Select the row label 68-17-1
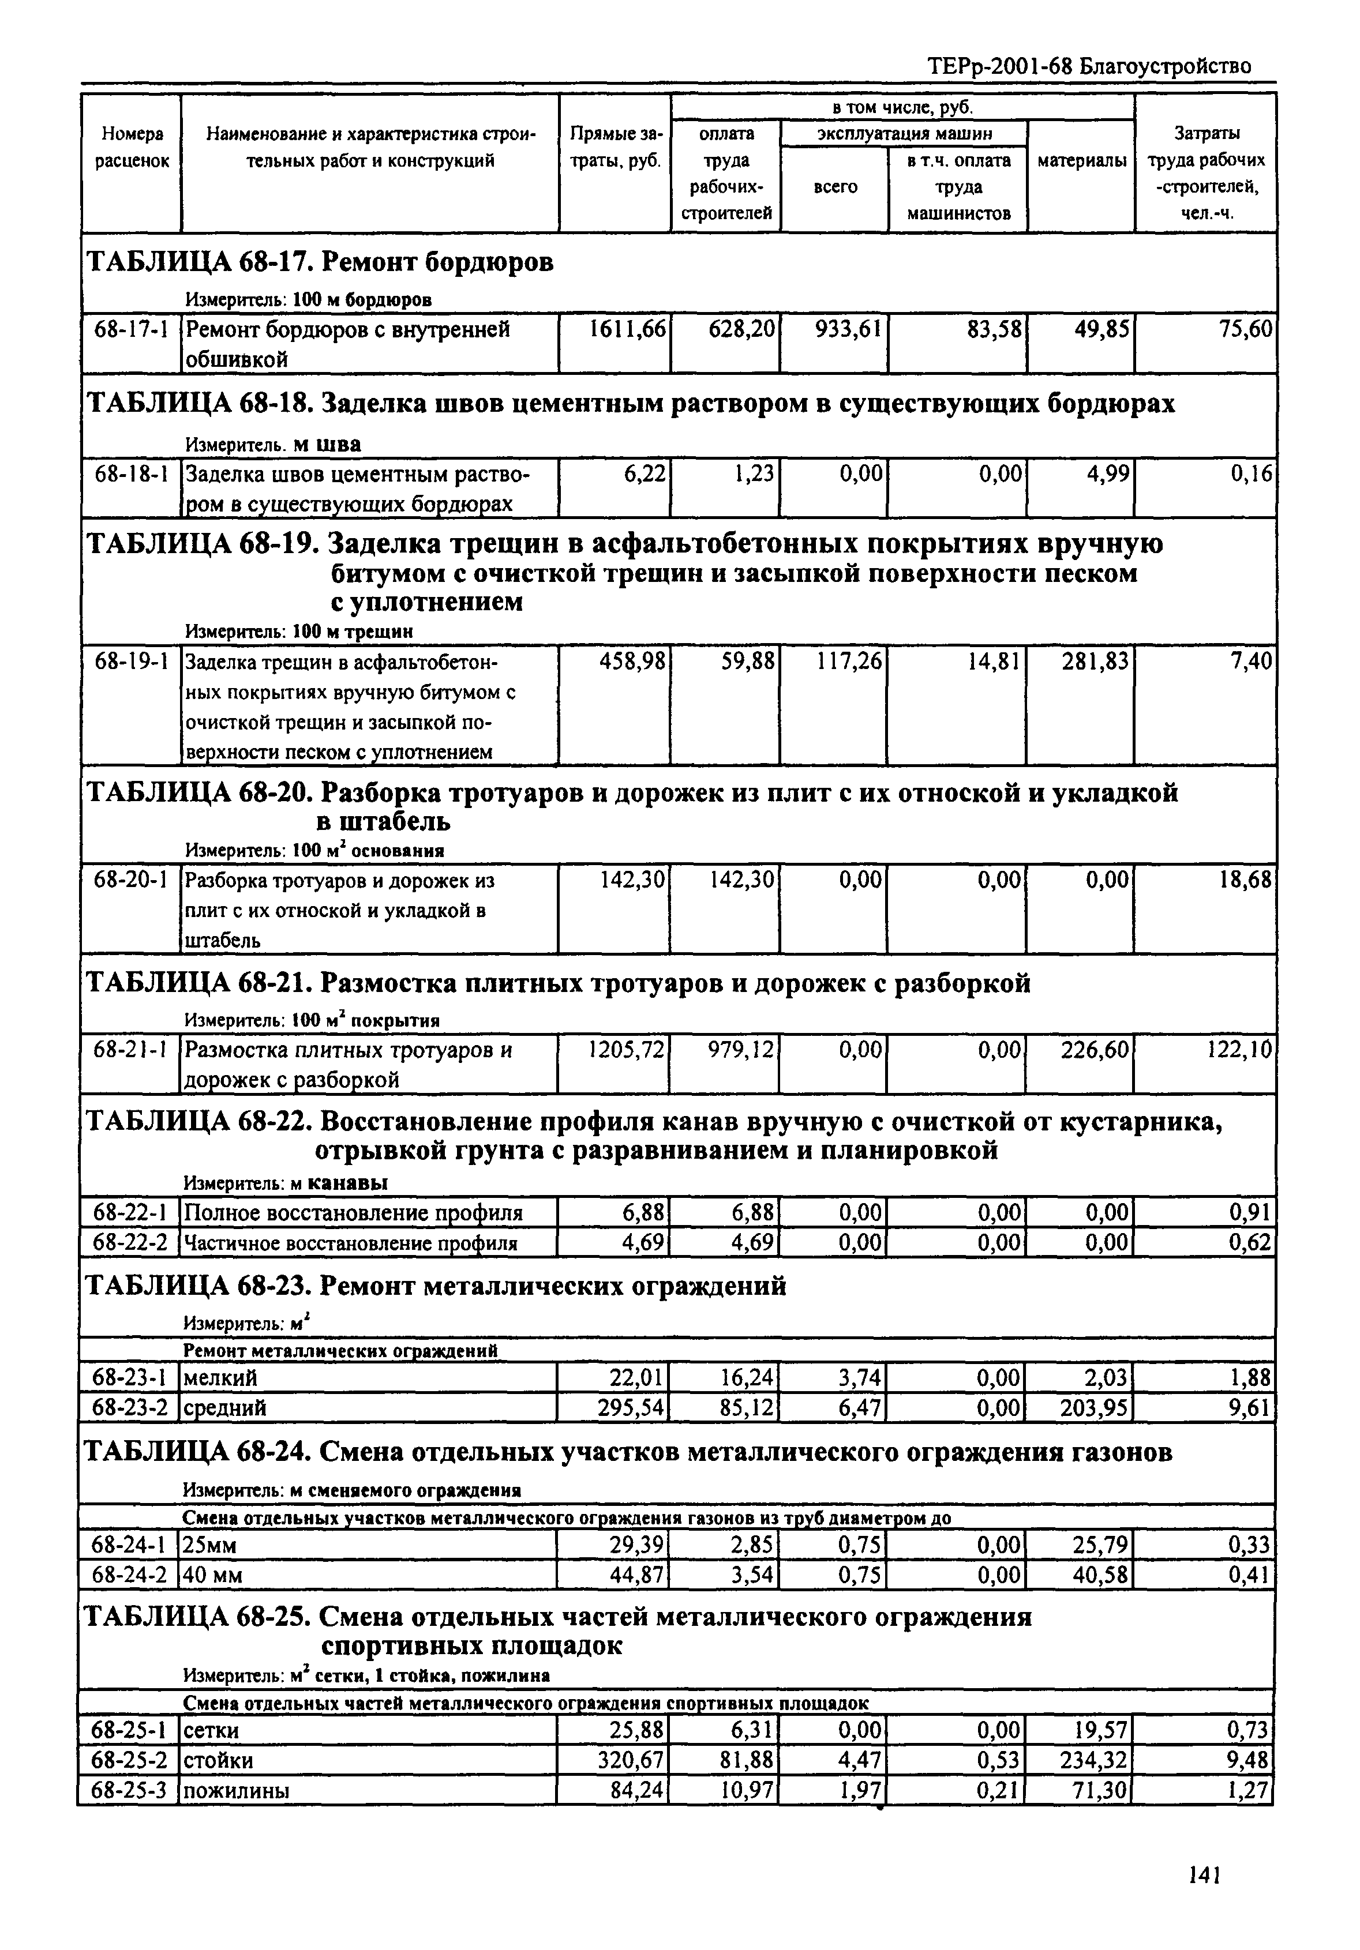tap(131, 329)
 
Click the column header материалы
tap(1081, 160)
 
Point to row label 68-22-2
tap(130, 1244)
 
